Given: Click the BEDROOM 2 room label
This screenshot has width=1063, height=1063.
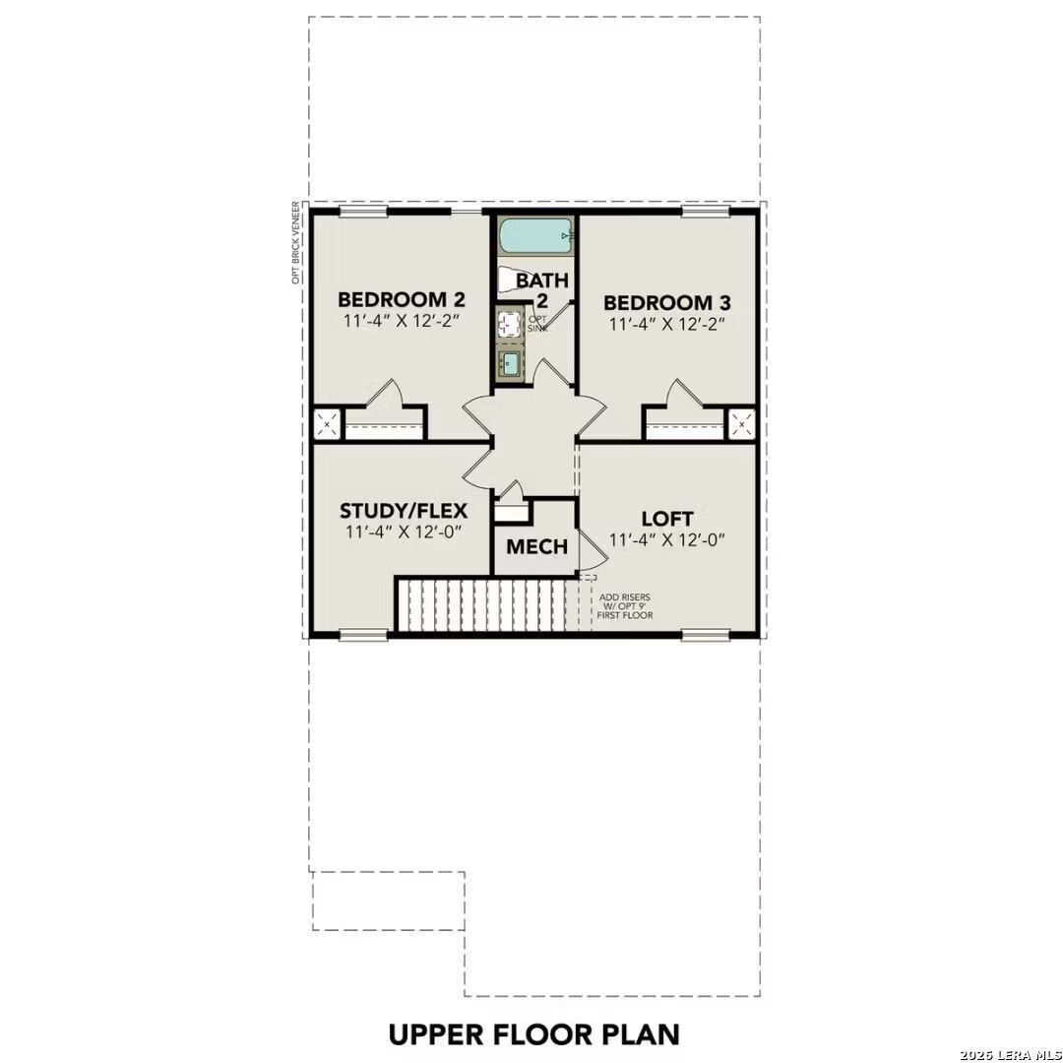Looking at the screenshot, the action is point(402,299).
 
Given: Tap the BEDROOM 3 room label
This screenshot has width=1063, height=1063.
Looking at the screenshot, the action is point(667,302).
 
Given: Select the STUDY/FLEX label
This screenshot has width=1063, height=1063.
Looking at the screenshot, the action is point(404,511).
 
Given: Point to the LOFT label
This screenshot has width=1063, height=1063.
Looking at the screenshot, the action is point(667,519).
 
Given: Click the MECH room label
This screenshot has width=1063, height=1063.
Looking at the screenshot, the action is point(537,546).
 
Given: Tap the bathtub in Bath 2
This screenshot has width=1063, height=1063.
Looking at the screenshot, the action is point(536,237).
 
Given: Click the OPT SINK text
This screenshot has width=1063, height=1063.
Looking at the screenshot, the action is point(537,324).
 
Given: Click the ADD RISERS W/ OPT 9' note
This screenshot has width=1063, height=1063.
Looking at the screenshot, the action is point(624,606).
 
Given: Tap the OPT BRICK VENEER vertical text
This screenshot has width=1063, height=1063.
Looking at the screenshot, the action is point(295,243).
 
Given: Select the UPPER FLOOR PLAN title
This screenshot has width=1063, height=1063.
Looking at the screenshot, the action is point(534,1034).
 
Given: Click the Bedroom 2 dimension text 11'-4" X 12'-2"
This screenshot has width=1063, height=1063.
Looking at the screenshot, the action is point(402,320).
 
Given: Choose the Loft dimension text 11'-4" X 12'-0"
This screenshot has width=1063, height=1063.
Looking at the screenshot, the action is point(667,539).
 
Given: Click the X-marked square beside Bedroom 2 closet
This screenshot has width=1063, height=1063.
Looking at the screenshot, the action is point(328,425).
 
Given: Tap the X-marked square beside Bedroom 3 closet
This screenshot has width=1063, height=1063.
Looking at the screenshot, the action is point(741,425).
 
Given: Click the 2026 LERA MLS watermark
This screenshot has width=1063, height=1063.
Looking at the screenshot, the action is point(1010,1055).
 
